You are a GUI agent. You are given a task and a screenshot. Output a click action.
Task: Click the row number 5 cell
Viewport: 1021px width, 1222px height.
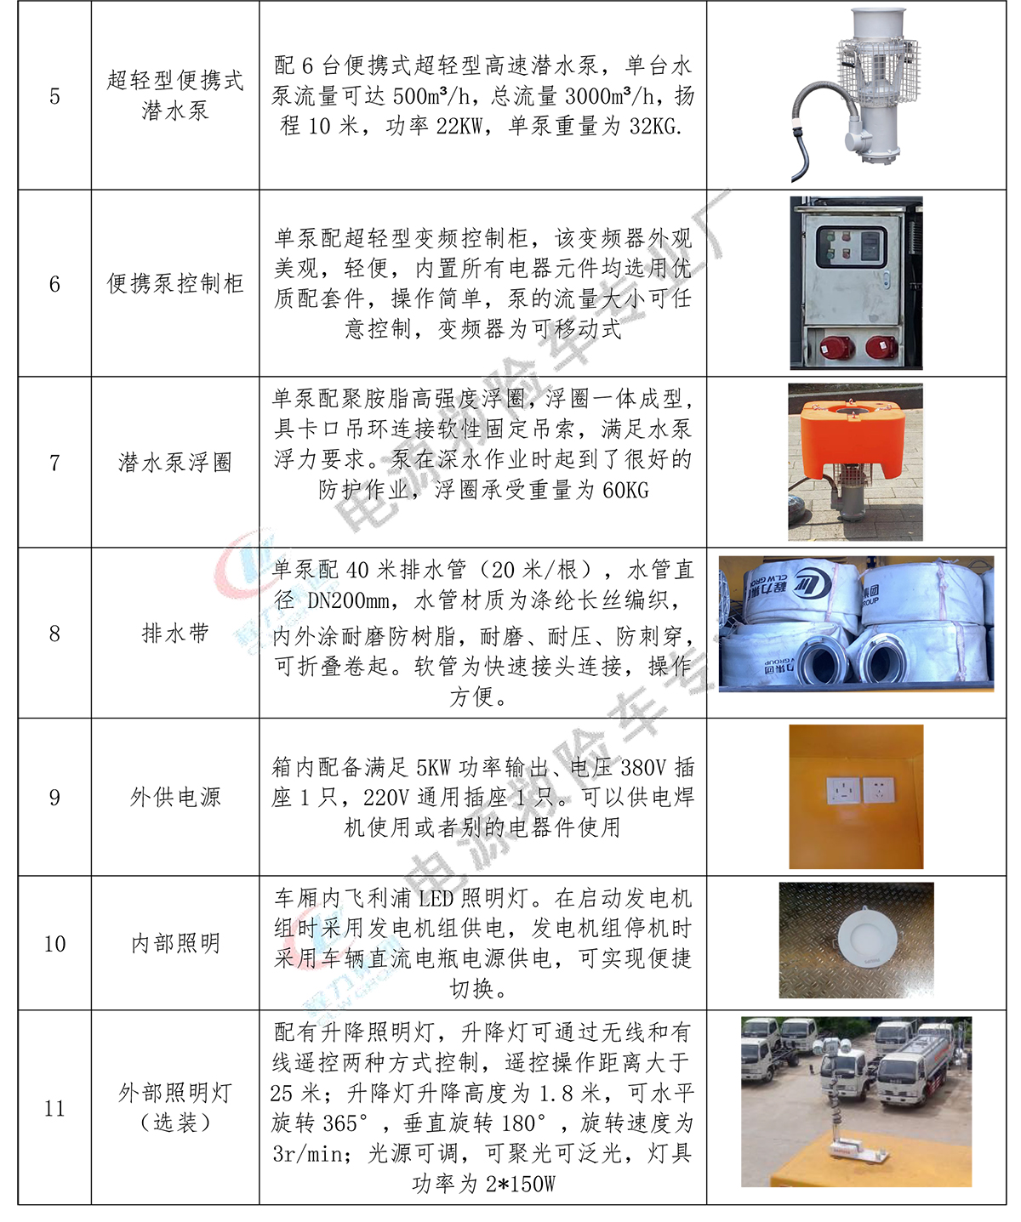tap(54, 96)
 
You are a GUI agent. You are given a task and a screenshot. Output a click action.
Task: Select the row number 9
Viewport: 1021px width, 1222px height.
tap(54, 798)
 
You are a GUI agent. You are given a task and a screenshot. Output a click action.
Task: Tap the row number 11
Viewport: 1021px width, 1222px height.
tap(54, 1108)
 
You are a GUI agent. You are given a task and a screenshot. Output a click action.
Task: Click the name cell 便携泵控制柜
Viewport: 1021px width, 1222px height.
tap(175, 284)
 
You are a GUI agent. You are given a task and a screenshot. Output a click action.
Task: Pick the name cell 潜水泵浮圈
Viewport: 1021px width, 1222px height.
tap(175, 463)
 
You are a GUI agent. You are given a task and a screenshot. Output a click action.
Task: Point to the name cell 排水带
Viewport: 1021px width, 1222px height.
tap(175, 634)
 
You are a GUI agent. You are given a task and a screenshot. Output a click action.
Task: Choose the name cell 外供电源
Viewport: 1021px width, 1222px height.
tap(175, 797)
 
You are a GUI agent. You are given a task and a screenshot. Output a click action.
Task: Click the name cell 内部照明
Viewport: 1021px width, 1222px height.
tap(175, 943)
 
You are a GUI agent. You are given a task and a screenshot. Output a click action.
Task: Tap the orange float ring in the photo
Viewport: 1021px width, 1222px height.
tap(853, 433)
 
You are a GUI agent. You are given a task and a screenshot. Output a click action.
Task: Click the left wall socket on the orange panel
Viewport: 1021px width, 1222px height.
tap(843, 791)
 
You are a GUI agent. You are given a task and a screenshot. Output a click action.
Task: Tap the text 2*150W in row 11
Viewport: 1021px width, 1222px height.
tap(520, 1184)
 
